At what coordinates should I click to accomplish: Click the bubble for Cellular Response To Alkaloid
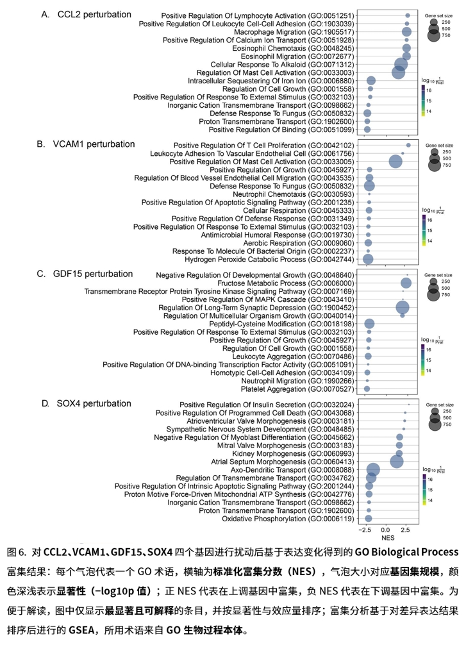tap(401, 65)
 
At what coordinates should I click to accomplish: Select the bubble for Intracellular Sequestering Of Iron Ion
tap(371, 81)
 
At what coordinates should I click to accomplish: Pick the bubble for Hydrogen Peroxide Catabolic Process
tap(368, 259)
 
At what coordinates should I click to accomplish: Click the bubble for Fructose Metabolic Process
tap(406, 283)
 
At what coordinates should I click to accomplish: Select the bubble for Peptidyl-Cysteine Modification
tap(369, 324)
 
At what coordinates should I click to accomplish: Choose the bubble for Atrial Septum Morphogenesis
tap(397, 462)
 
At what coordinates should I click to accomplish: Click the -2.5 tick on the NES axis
tap(366, 532)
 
